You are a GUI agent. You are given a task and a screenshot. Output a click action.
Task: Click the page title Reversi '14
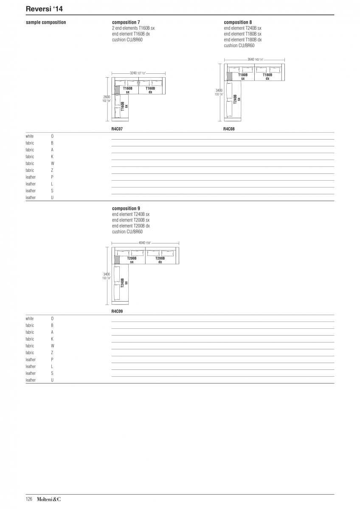coord(44,9)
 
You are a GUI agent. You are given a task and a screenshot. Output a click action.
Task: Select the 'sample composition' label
coord(46,22)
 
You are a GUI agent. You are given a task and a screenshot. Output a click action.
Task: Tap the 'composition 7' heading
coord(126,22)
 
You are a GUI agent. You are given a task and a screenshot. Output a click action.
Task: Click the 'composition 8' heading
coord(238,22)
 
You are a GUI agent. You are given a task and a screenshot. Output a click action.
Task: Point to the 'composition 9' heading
coord(126,208)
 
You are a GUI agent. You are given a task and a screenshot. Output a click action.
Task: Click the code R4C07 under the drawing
coord(117,129)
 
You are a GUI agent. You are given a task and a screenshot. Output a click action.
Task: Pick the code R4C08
coord(229,129)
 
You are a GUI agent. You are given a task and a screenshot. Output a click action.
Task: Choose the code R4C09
coord(117,311)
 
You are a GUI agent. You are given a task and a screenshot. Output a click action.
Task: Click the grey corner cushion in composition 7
coord(117,90)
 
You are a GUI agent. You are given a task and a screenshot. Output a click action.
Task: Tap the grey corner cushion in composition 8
coord(230,76)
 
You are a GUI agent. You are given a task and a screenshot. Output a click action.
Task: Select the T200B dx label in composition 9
coord(160,260)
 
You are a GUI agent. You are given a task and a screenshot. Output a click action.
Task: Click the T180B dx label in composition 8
coord(267,77)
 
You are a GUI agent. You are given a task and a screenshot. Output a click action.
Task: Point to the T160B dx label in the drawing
coord(150,90)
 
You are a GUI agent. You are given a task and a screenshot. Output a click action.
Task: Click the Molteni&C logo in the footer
coord(49,499)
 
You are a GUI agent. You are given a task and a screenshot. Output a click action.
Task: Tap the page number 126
coord(29,499)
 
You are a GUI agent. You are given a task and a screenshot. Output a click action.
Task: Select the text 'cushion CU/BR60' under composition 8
coord(239,45)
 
